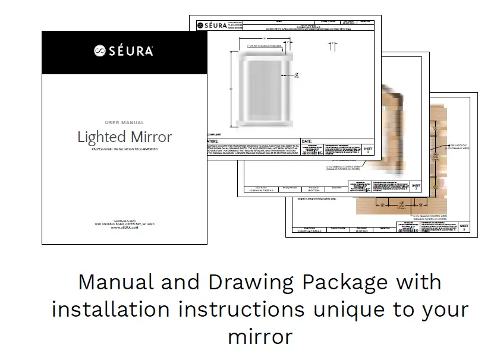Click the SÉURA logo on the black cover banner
[x=124, y=52]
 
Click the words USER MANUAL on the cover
[x=124, y=122]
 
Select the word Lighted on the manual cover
[x=102, y=137]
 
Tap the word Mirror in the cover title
[x=151, y=137]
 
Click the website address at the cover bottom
[x=124, y=228]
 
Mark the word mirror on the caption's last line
[x=260, y=336]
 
